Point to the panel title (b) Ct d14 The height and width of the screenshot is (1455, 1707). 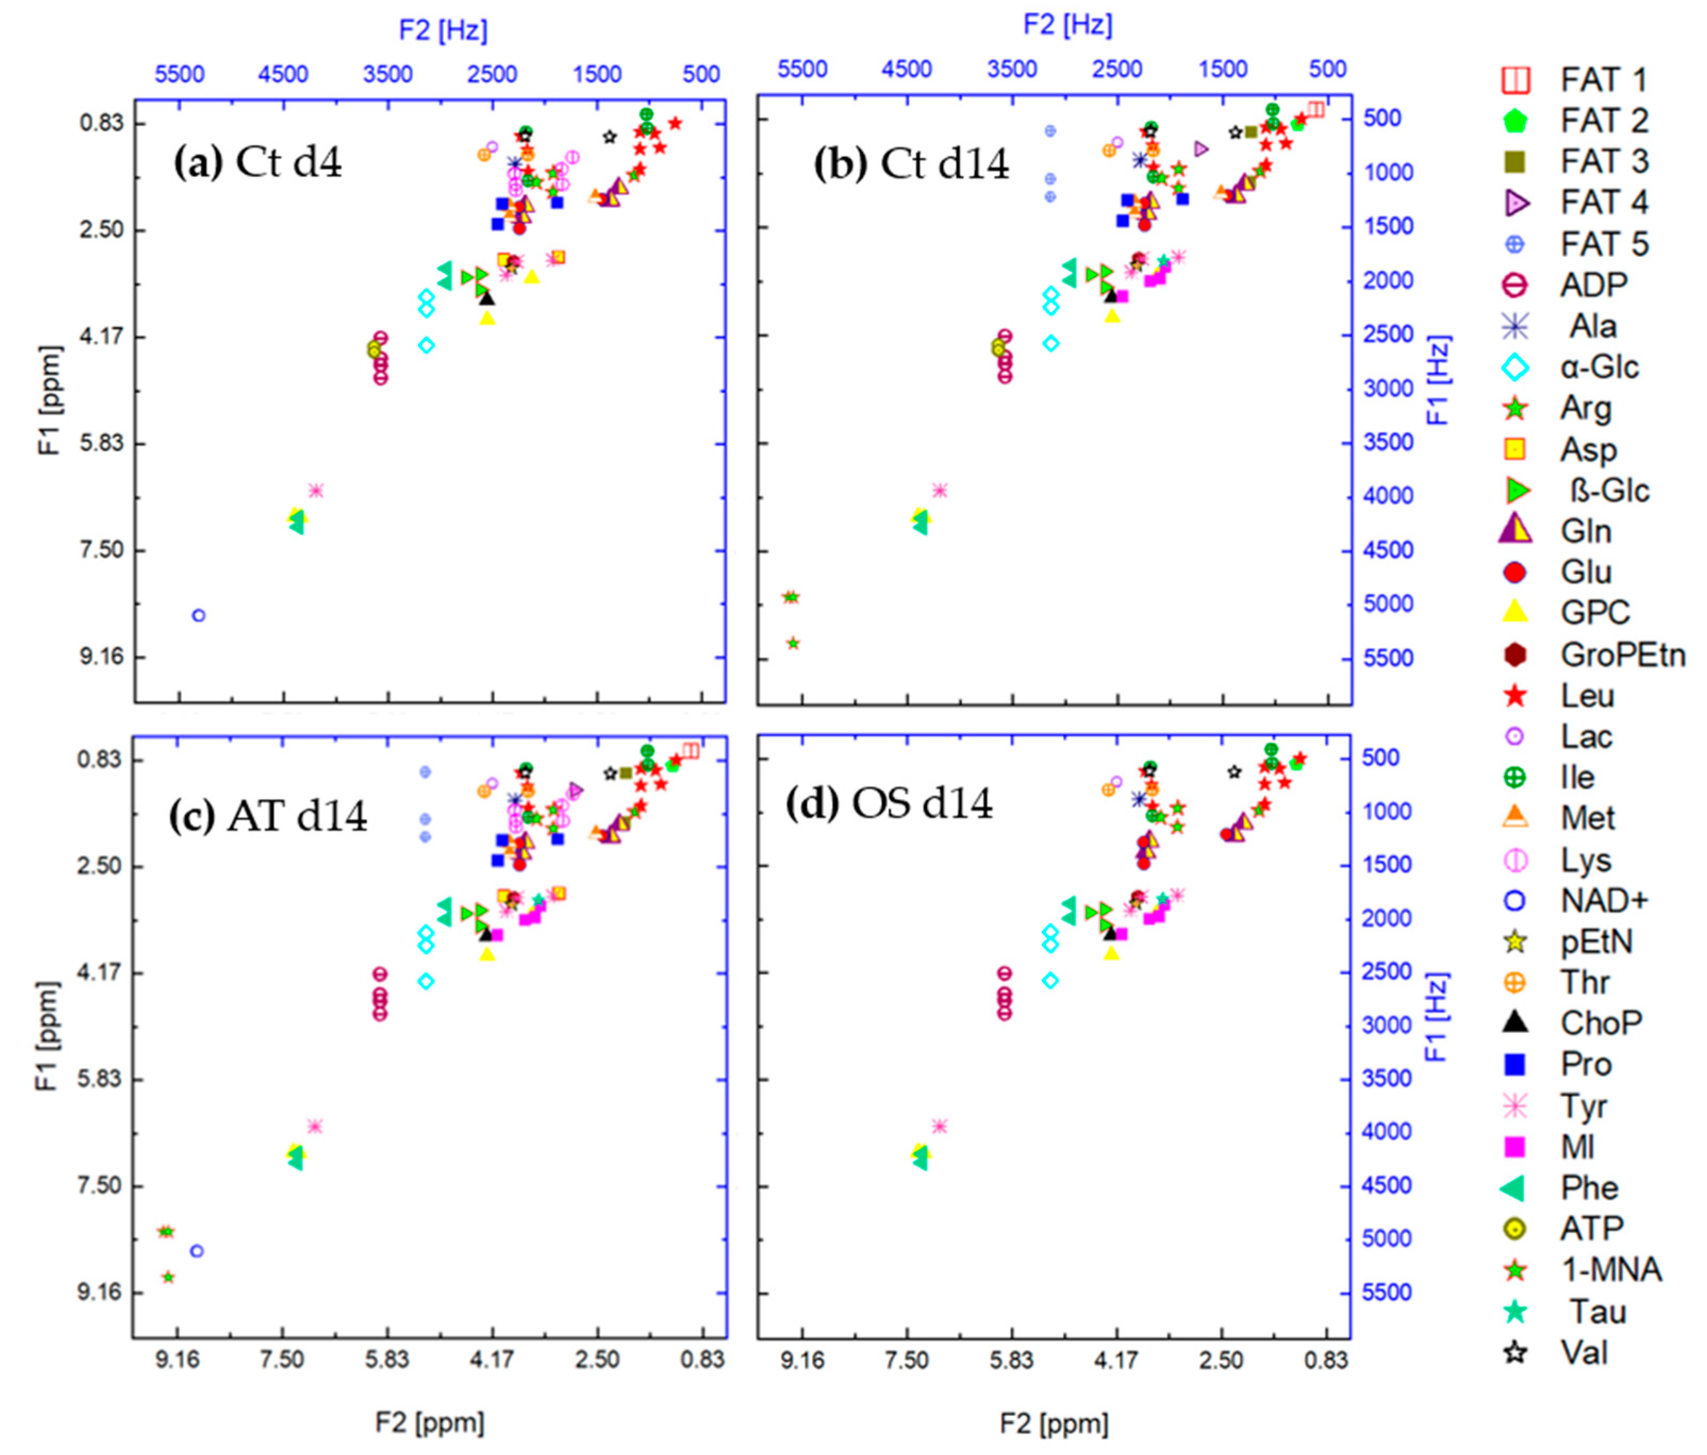(x=911, y=164)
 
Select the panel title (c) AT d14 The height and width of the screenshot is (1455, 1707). (x=268, y=816)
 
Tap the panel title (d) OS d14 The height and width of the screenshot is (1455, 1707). (x=889, y=804)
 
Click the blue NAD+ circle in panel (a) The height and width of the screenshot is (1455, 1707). (x=198, y=615)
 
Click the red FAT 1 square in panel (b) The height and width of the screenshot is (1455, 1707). (x=1316, y=110)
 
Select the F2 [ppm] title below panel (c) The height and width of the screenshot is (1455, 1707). (x=429, y=1422)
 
